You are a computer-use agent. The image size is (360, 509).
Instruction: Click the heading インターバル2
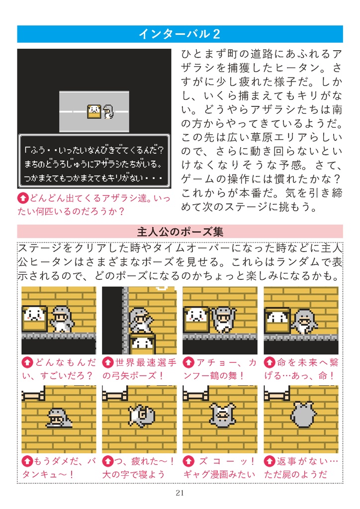(x=180, y=34)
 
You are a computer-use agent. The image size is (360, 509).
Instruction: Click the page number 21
(x=180, y=493)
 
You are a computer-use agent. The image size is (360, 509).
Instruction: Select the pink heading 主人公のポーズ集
(x=180, y=232)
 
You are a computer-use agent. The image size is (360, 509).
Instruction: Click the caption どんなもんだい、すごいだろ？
(x=59, y=369)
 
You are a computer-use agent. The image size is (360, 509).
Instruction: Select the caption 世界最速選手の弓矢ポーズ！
(x=139, y=369)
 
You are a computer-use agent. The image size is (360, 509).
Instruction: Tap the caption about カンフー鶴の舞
(x=220, y=369)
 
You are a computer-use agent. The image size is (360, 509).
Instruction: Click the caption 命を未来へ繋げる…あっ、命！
(x=301, y=369)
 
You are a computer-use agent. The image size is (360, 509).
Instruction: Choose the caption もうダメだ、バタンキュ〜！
(x=59, y=468)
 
